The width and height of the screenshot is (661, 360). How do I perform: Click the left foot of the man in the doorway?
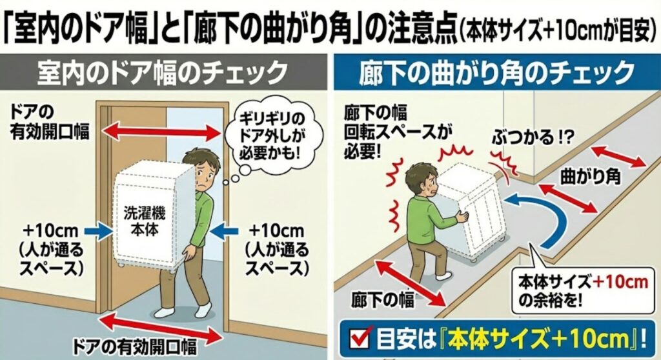167,314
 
